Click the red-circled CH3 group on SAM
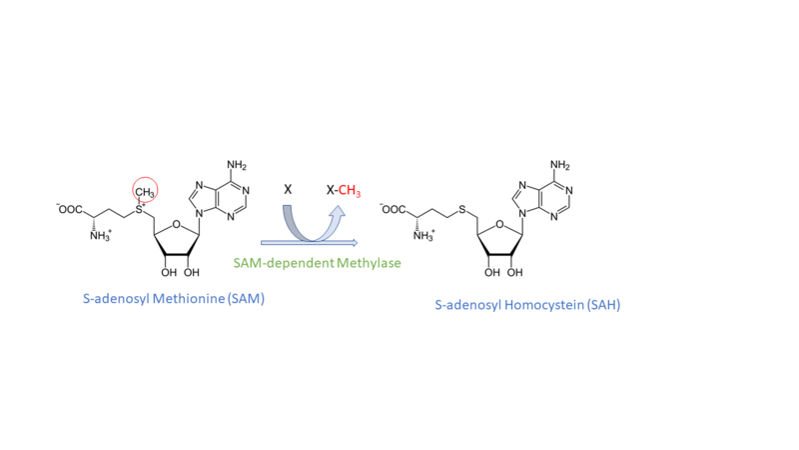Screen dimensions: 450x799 pyautogui.click(x=144, y=190)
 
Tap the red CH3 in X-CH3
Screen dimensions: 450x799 pyautogui.click(x=349, y=189)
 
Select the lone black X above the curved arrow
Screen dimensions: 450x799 pyautogui.click(x=288, y=189)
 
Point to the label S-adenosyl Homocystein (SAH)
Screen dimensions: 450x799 pyautogui.click(x=527, y=304)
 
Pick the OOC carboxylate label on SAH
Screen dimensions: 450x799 pyautogui.click(x=396, y=210)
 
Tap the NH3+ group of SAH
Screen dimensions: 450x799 pyautogui.click(x=422, y=237)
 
